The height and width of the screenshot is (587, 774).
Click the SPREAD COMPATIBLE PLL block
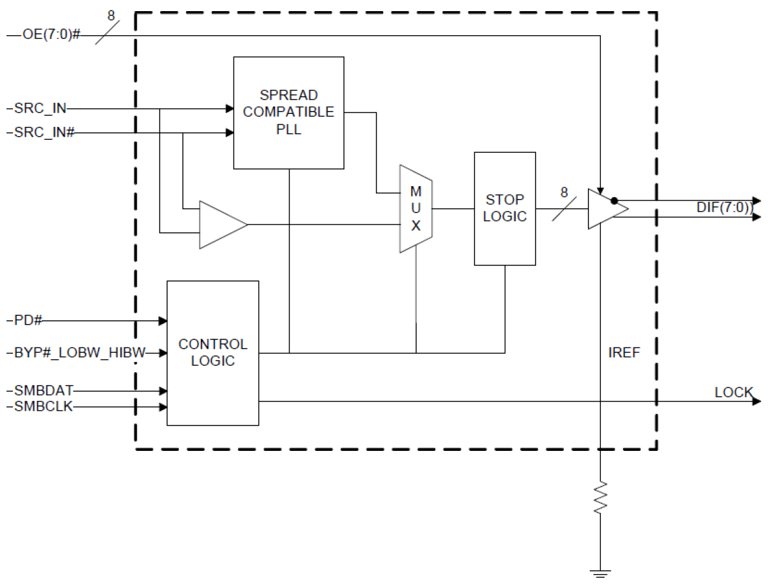288,113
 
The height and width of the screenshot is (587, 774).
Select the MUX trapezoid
416,209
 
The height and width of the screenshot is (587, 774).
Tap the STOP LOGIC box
505,208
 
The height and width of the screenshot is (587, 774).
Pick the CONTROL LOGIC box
213,352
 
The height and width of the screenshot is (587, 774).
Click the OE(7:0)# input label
51,34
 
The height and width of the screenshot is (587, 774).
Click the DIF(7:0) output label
724,208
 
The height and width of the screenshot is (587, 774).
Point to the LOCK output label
733,392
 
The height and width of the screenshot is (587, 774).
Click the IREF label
624,352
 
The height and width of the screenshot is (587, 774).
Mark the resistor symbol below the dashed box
600,498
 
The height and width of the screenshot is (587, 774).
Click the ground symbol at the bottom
600,573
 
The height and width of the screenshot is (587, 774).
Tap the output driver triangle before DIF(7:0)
604,209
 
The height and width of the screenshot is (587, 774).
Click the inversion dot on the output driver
614,201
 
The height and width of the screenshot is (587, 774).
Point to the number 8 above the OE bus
111,15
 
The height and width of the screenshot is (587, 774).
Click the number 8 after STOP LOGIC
564,192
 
